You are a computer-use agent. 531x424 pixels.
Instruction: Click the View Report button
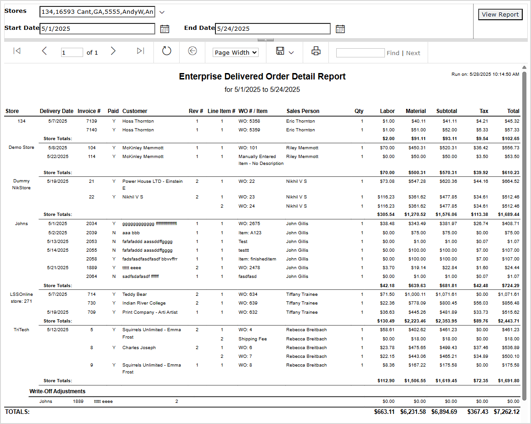point(500,15)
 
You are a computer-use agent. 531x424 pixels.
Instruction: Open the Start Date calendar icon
point(164,29)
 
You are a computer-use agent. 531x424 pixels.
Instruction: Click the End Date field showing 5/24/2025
point(272,29)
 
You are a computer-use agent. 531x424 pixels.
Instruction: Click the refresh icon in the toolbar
point(167,51)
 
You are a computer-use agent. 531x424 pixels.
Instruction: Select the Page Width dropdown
point(235,52)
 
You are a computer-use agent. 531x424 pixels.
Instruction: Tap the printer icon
point(316,51)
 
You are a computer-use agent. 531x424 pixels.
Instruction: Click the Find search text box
point(360,53)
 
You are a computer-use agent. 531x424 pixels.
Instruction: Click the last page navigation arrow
point(141,51)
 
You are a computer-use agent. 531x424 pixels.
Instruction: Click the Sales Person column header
point(303,111)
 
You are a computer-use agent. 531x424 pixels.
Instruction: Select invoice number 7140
point(91,130)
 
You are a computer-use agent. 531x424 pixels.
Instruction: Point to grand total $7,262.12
point(506,412)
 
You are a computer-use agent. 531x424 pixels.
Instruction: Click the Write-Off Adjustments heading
point(57,391)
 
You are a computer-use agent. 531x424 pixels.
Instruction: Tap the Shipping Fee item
point(253,339)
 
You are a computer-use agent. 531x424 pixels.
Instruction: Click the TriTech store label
point(21,330)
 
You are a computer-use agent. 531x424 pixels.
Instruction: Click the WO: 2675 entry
point(249,224)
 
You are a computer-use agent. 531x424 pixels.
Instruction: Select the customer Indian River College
point(144,303)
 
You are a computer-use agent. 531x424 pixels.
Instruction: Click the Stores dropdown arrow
point(162,12)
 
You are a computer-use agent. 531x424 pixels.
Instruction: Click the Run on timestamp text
point(485,74)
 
